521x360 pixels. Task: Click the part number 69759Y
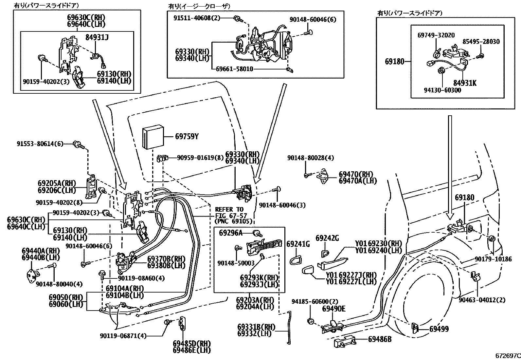187,136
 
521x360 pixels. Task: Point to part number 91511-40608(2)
197,18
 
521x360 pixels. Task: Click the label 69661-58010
234,69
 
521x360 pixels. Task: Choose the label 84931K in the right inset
465,83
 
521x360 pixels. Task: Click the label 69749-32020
436,35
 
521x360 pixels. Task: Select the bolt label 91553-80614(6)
40,143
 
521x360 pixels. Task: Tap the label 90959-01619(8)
200,158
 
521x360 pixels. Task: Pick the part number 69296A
231,233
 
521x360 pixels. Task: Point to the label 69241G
298,244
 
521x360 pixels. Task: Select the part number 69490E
334,309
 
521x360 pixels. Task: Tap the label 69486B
380,339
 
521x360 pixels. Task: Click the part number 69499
439,329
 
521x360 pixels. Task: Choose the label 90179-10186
493,259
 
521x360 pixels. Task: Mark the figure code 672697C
507,356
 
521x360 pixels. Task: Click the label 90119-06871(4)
123,336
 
